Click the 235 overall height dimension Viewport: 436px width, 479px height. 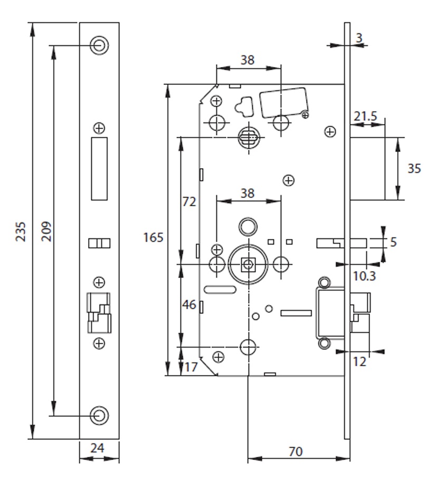pyautogui.click(x=21, y=231)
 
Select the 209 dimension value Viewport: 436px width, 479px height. pyautogui.click(x=46, y=231)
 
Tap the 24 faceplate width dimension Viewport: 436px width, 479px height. pyautogui.click(x=98, y=448)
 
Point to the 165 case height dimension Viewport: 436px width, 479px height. pyautogui.click(x=153, y=237)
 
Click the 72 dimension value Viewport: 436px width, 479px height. pyautogui.click(x=189, y=202)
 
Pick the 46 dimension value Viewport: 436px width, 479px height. pyautogui.click(x=189, y=305)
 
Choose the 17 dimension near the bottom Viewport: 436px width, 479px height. pyautogui.click(x=191, y=366)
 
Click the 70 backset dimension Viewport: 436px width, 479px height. pyautogui.click(x=296, y=452)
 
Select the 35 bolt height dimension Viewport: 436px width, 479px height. pyautogui.click(x=414, y=169)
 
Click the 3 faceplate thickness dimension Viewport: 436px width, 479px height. pyautogui.click(x=359, y=38)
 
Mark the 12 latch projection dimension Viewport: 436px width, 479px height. pyautogui.click(x=359, y=361)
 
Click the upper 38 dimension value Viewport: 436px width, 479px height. pyautogui.click(x=247, y=60)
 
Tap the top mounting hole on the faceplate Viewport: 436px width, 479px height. pyautogui.click(x=99, y=45)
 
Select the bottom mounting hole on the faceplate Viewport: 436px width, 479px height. pyautogui.click(x=99, y=415)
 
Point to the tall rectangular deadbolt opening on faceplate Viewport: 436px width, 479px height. pyautogui.click(x=99, y=169)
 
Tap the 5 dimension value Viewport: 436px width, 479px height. pyautogui.click(x=393, y=243)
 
